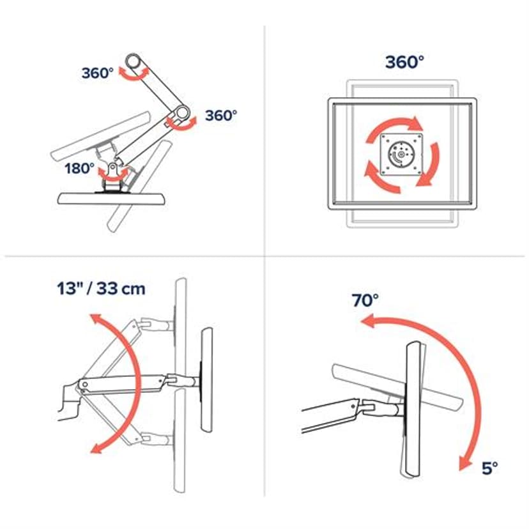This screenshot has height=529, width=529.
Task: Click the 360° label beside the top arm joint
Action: tap(97, 73)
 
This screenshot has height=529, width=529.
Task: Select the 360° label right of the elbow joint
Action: tap(221, 116)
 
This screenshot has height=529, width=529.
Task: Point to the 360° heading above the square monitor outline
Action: tap(404, 63)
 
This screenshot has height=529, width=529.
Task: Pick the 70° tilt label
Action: tap(365, 301)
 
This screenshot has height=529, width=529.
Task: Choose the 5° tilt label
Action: tap(489, 468)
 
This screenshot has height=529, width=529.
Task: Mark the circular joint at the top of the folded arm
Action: tap(134, 63)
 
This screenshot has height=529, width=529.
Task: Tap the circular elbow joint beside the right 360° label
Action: tap(182, 114)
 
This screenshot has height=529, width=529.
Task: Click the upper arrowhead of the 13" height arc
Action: tap(95, 318)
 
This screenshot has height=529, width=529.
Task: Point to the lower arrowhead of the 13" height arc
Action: tap(96, 449)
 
